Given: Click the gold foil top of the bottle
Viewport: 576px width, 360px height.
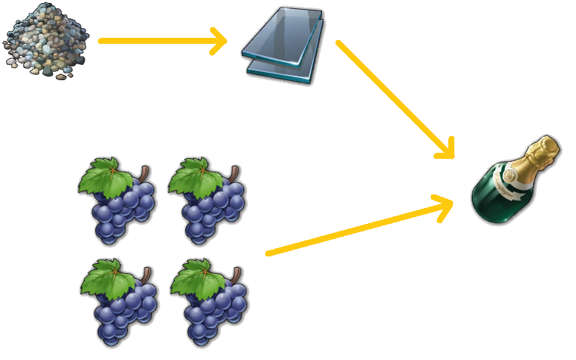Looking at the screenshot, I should [x=545, y=151].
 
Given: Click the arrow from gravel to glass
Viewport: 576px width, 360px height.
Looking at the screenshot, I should [x=159, y=41].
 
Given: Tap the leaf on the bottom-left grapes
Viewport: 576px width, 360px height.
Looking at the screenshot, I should [x=106, y=278].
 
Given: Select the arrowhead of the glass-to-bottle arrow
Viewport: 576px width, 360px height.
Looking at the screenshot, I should [x=447, y=148].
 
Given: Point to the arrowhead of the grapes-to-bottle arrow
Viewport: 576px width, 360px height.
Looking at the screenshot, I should [x=444, y=202].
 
